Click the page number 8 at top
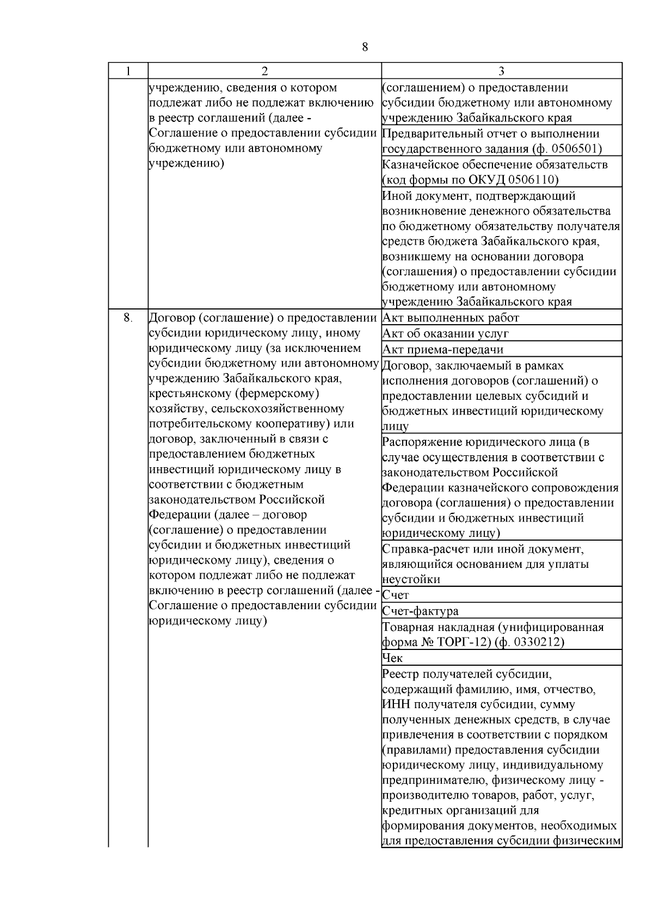click(365, 47)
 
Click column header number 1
click(127, 71)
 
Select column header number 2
click(264, 71)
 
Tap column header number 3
click(501, 71)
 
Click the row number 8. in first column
click(127, 317)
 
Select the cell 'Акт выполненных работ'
click(451, 318)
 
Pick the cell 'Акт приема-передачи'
click(442, 349)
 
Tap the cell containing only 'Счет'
click(396, 595)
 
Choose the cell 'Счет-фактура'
click(420, 611)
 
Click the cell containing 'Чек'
click(392, 658)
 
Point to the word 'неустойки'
click(411, 580)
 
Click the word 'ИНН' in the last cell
click(396, 705)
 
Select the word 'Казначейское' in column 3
click(417, 165)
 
